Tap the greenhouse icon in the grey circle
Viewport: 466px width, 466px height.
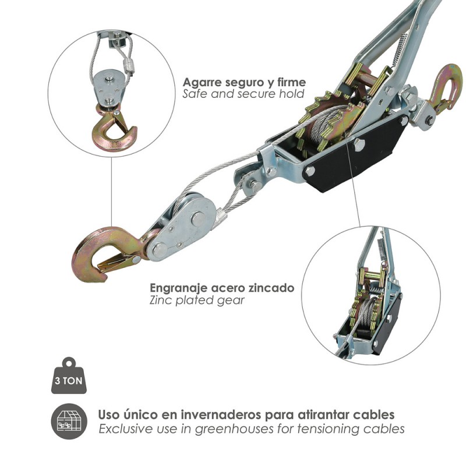point(69,421)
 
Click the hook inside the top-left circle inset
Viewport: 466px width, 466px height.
point(114,130)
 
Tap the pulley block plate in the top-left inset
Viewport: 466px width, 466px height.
point(108,87)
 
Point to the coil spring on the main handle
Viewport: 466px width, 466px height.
point(399,51)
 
